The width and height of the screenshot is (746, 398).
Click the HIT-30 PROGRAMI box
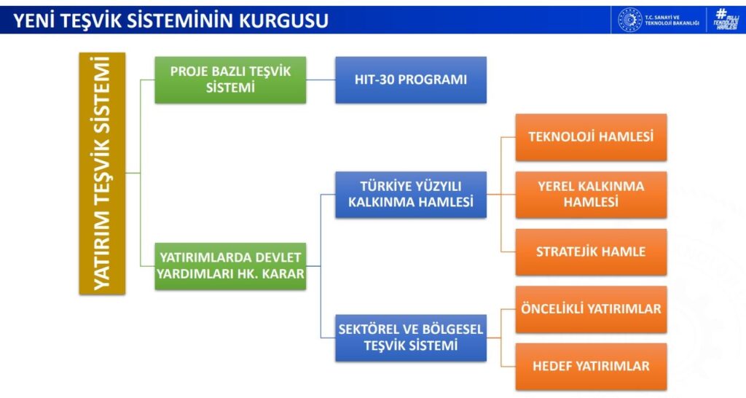click(411, 80)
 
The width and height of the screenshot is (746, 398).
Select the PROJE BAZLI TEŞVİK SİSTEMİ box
click(230, 80)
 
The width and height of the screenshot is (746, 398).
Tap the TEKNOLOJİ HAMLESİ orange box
click(591, 137)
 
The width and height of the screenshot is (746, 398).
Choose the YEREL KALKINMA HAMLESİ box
click(591, 195)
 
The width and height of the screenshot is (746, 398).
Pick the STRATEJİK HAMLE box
click(591, 251)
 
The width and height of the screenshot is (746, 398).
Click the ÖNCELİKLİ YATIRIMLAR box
click(591, 310)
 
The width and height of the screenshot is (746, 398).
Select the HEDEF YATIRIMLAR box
click(591, 367)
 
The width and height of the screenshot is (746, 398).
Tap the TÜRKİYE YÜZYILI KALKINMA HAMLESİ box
click(411, 195)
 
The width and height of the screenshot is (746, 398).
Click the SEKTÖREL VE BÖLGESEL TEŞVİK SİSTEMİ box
click(411, 338)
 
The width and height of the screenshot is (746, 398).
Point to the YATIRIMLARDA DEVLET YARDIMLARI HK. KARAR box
click(230, 266)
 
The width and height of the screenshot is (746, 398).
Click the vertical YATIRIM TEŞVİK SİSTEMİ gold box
click(102, 173)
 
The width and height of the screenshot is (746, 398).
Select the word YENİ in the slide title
click(34, 21)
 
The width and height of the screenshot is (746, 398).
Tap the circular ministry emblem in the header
click(629, 20)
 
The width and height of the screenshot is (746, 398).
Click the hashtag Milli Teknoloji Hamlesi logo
click(726, 20)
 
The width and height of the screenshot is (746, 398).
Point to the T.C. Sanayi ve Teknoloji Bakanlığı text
click(672, 20)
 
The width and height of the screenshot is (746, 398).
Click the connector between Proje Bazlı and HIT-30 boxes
click(321, 80)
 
